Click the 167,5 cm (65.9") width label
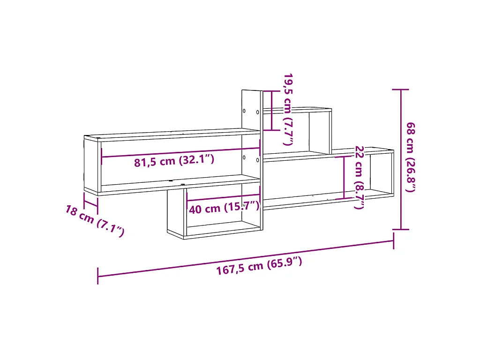click(x=259, y=266)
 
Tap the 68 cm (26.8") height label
click(x=411, y=157)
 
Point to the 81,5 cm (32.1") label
click(x=174, y=161)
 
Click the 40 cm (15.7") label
click(x=224, y=208)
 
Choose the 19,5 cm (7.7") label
click(x=288, y=109)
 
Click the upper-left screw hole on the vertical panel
click(x=244, y=111)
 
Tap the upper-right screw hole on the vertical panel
click(x=257, y=112)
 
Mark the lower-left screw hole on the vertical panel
click(x=244, y=157)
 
